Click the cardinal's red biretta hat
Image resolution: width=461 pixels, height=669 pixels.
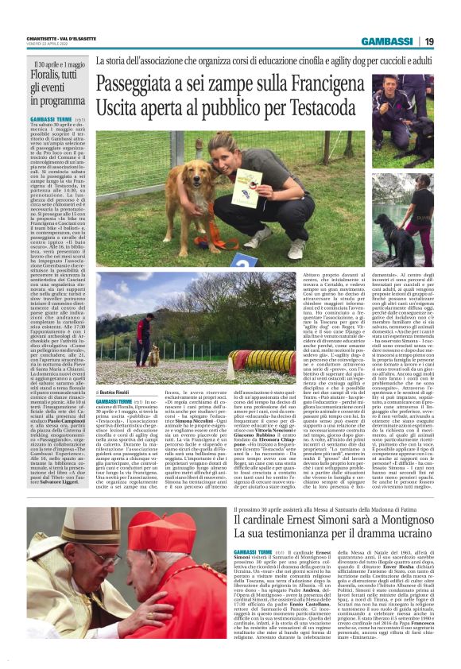click(163, 531)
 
